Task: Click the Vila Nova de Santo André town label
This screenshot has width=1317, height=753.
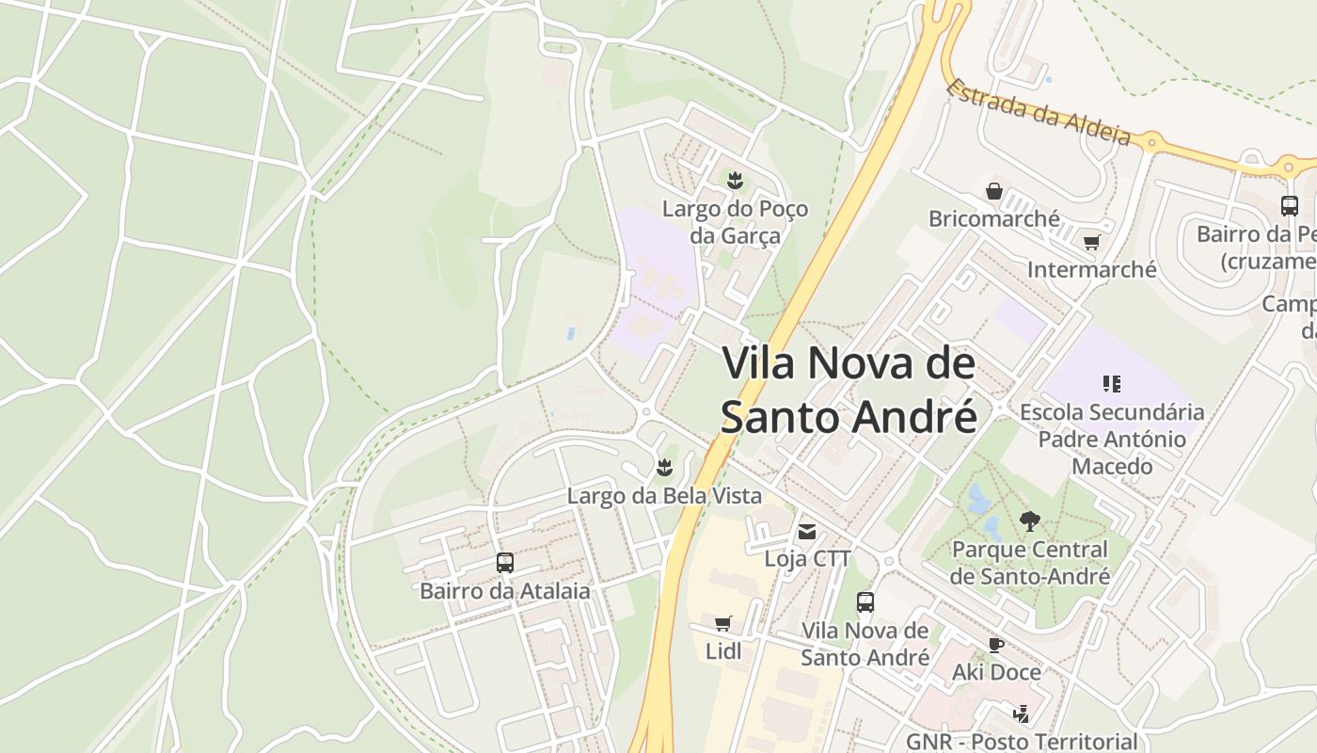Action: [x=849, y=390]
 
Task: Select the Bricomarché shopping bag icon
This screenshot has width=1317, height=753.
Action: [x=994, y=192]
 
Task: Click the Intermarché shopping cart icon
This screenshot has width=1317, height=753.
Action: [x=1091, y=243]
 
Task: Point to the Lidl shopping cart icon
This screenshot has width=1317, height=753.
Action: [x=722, y=623]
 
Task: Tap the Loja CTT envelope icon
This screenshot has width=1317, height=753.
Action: [x=806, y=532]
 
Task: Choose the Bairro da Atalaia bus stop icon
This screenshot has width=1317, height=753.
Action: [x=505, y=563]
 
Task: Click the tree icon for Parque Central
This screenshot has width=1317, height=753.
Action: [x=1030, y=521]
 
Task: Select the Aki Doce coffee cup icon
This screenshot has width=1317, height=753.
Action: [x=996, y=645]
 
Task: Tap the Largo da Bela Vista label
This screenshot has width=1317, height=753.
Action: [x=664, y=495]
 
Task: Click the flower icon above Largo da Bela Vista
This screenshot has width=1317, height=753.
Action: [x=665, y=467]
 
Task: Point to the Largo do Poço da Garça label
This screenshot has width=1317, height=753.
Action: [x=735, y=221]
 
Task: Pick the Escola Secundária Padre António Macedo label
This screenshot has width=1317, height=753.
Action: [x=1112, y=439]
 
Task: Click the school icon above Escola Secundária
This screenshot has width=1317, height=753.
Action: [x=1112, y=383]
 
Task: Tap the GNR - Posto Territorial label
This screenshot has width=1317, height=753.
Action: [x=1022, y=742]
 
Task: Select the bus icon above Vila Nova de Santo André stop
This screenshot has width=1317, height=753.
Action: [x=865, y=602]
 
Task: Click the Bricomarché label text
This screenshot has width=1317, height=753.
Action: [x=993, y=219]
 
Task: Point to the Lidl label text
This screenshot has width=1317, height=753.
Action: [x=723, y=650]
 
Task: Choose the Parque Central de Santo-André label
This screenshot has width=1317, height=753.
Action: [x=1030, y=562]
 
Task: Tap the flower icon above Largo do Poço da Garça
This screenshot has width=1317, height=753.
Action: [x=735, y=180]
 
